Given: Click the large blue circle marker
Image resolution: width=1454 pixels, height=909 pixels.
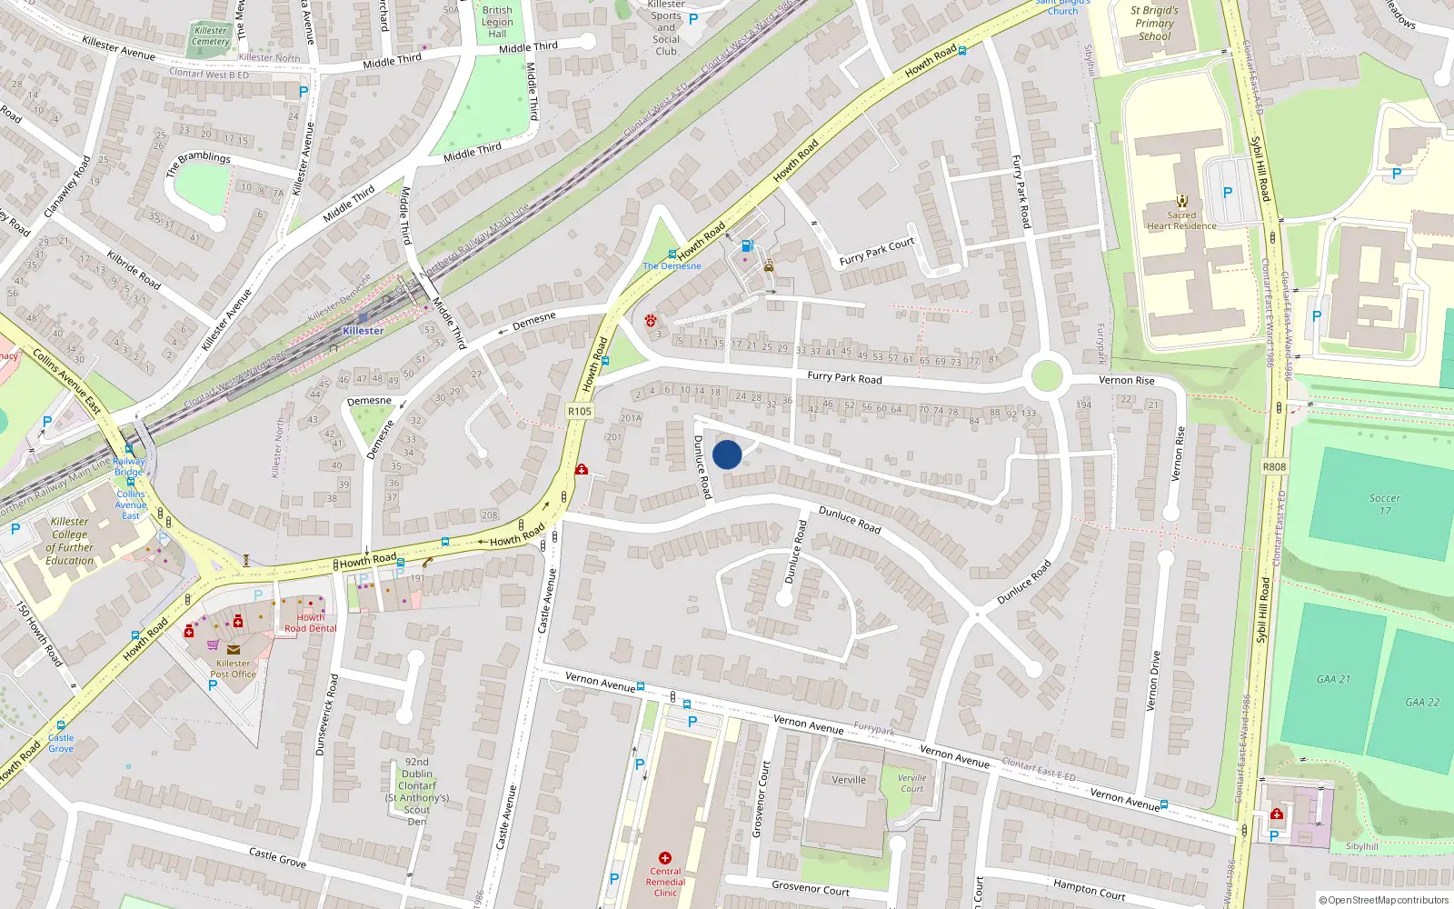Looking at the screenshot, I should tap(727, 454).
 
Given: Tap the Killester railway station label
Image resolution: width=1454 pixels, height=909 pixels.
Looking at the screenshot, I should tap(363, 331).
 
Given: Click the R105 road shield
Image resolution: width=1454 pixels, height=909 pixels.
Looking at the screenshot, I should tap(579, 412).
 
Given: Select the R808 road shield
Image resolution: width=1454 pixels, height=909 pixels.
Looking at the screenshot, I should tap(1274, 466).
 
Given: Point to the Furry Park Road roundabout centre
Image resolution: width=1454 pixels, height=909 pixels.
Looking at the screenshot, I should tap(1047, 375).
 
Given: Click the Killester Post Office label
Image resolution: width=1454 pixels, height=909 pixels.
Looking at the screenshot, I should tap(233, 669).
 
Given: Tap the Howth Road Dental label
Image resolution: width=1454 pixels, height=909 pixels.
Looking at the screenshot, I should tap(310, 623).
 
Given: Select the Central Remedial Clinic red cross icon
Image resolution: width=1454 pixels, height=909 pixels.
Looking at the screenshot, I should tap(665, 858).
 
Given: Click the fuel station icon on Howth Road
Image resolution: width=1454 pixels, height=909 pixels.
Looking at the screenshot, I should tap(747, 245).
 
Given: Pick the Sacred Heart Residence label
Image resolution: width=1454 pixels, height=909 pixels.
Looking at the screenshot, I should tap(1181, 221).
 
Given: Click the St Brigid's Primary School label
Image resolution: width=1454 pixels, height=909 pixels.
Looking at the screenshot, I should tap(1154, 24).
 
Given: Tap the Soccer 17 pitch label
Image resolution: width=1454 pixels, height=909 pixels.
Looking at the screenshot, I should tap(1384, 504).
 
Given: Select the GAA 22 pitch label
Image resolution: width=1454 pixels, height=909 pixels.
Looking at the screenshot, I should tap(1422, 702).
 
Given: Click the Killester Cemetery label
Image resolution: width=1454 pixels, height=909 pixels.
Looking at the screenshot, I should tap(211, 35).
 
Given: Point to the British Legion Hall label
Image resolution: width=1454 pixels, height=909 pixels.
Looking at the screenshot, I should tap(497, 22).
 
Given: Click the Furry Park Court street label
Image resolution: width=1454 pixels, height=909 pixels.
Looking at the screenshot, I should tap(877, 252).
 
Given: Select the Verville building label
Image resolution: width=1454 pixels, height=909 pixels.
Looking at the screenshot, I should tap(849, 780).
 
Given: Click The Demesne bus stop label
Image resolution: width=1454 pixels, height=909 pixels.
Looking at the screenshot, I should tap(672, 266).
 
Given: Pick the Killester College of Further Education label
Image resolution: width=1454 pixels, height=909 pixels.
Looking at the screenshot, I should tap(70, 541).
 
